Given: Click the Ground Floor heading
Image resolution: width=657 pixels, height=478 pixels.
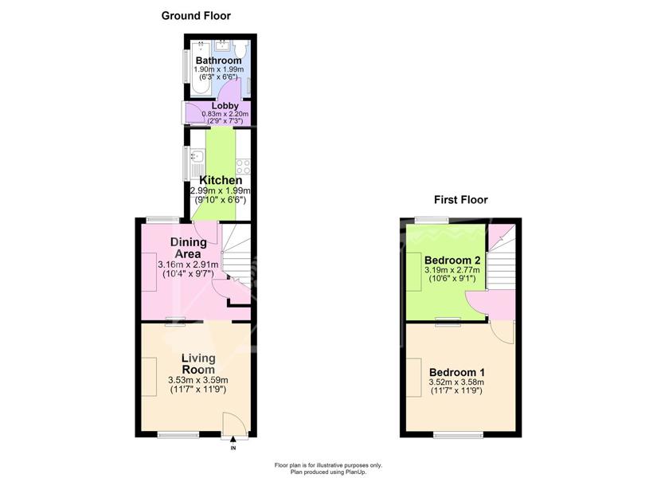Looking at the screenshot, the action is pyautogui.click(x=196, y=16).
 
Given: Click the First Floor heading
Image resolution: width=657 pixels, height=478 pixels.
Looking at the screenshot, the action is pyautogui.click(x=461, y=200).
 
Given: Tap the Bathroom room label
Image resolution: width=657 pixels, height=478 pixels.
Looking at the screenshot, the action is pyautogui.click(x=219, y=61).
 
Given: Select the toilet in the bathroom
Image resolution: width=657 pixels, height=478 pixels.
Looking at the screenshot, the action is pyautogui.click(x=241, y=49).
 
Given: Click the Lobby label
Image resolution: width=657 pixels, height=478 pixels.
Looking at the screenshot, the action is pyautogui.click(x=225, y=106).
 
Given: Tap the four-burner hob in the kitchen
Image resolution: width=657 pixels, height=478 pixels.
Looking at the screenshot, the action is pyautogui.click(x=243, y=167).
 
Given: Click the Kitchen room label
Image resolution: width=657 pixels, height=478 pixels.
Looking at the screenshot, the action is pyautogui.click(x=221, y=180).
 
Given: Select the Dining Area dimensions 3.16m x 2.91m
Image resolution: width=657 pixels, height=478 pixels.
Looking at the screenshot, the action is pyautogui.click(x=188, y=264).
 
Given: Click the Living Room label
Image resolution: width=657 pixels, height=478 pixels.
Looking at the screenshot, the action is pyautogui.click(x=198, y=364).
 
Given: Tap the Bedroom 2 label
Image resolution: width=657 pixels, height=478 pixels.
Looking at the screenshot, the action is pyautogui.click(x=452, y=261).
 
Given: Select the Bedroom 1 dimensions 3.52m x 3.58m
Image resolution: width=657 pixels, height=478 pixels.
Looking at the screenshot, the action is pyautogui.click(x=456, y=382).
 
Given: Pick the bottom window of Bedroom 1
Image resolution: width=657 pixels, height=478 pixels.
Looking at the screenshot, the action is pyautogui.click(x=458, y=435).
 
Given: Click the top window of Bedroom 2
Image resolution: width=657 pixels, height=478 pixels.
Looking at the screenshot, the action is pyautogui.click(x=432, y=220).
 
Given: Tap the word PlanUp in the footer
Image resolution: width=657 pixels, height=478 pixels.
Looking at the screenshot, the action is pyautogui.click(x=357, y=472).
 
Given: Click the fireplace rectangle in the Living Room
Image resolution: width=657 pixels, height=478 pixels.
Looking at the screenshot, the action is pyautogui.click(x=149, y=377).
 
